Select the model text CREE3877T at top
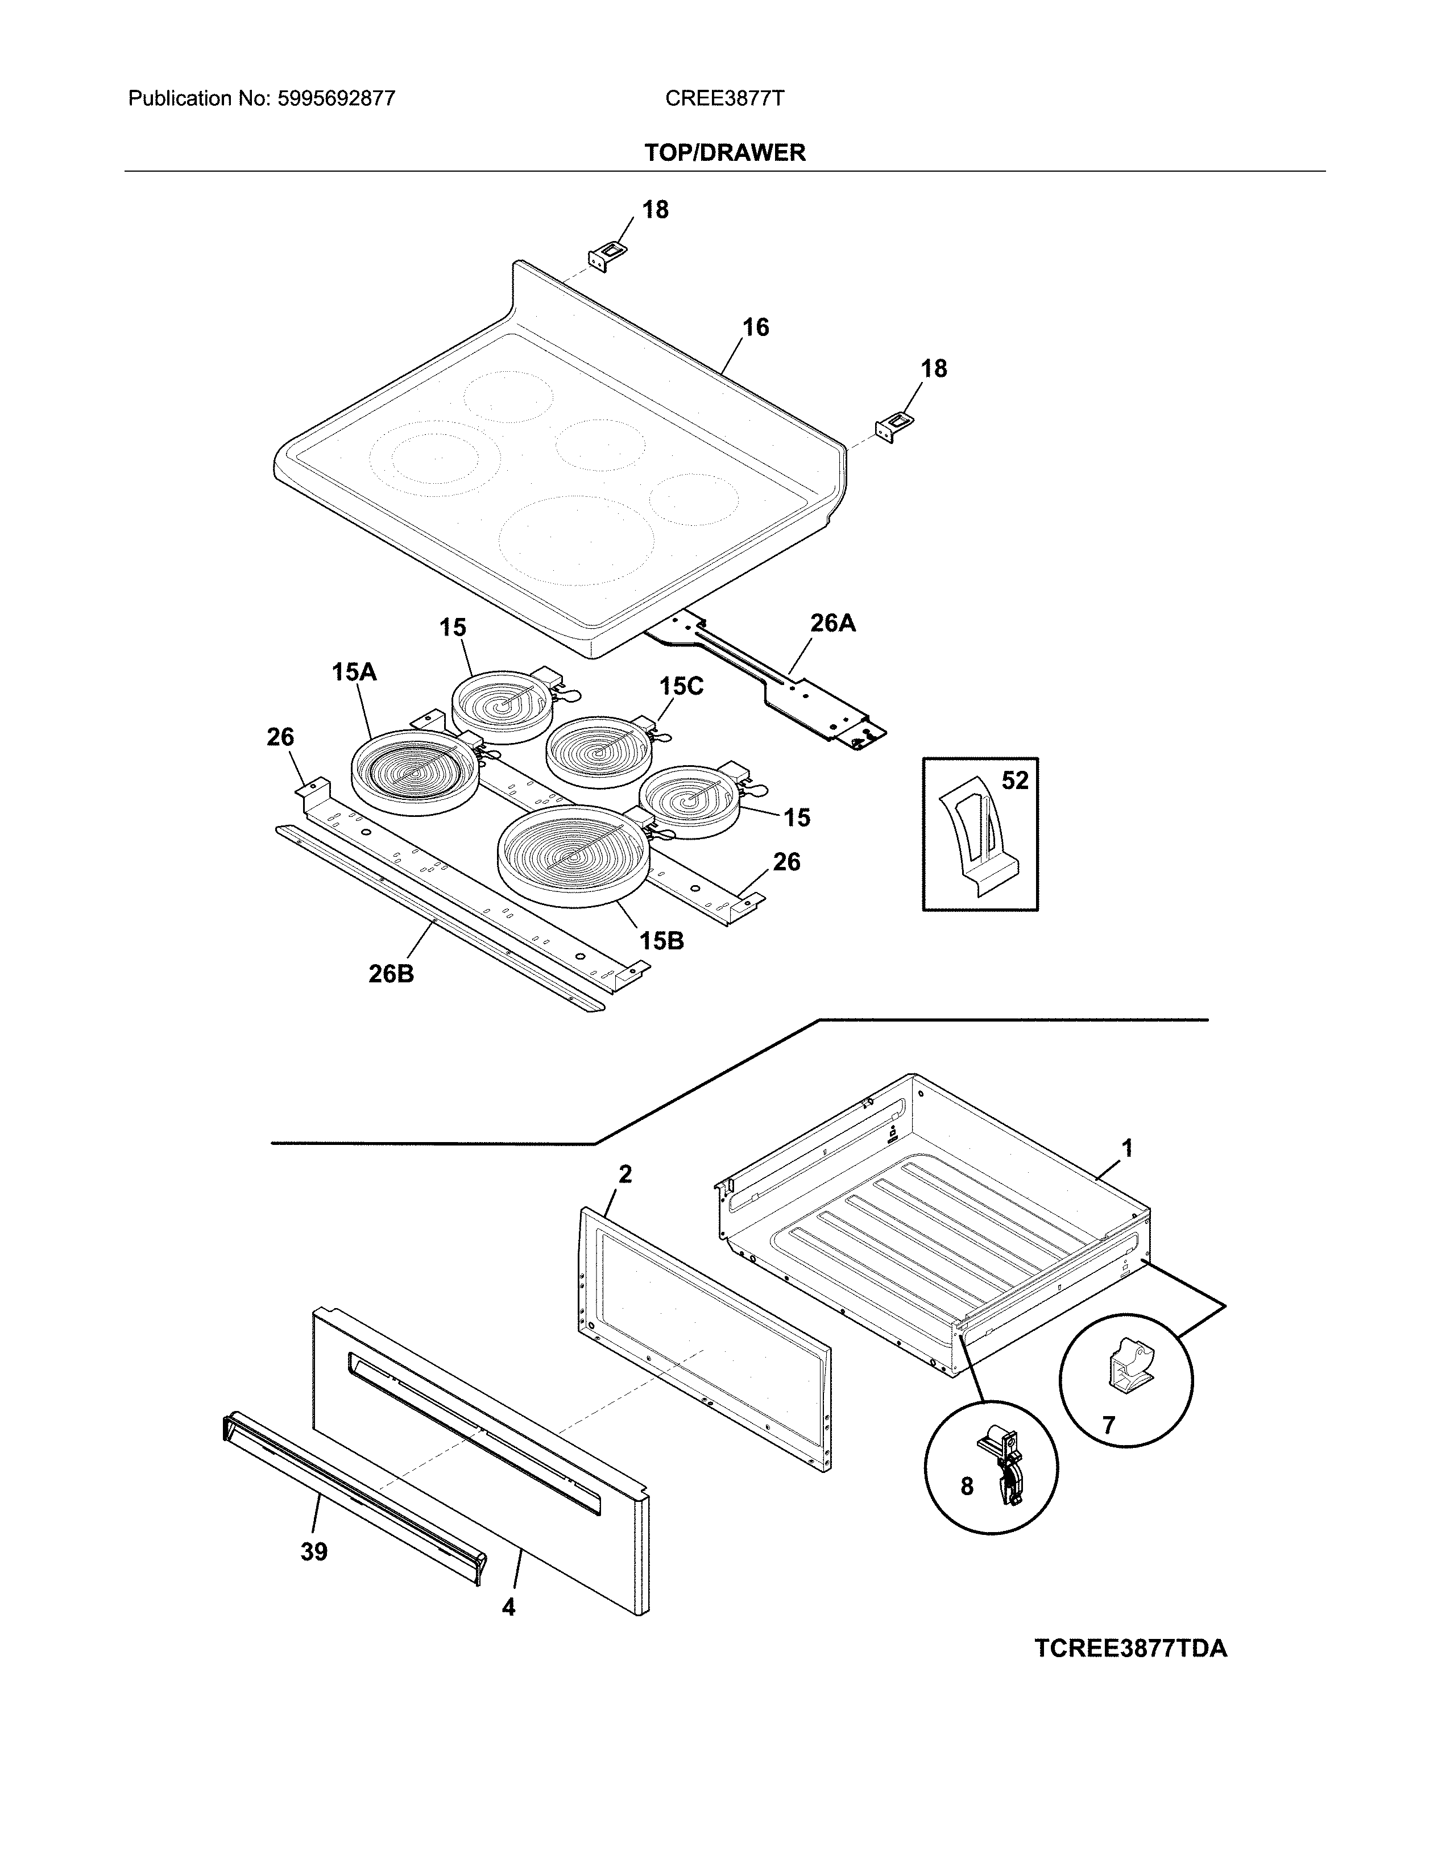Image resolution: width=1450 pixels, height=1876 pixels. click(723, 99)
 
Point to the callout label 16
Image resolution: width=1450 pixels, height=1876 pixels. click(755, 327)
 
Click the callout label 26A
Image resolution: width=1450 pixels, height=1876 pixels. click(832, 622)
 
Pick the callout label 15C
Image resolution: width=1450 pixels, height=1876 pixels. click(681, 686)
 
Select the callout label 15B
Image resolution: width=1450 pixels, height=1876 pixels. click(661, 941)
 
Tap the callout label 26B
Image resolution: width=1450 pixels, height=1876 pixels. click(391, 974)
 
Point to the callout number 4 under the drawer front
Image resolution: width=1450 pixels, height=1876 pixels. click(508, 1607)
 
